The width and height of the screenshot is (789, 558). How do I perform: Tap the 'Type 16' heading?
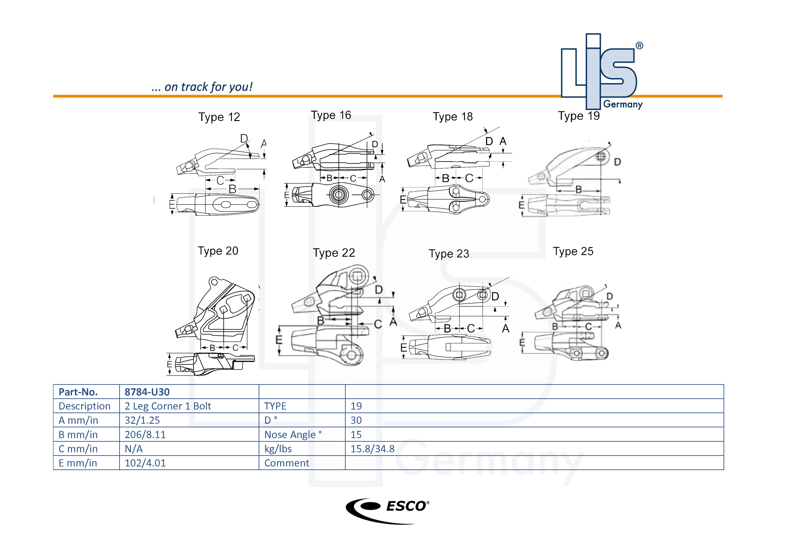(x=331, y=115)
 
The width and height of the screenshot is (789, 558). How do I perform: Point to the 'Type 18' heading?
(x=452, y=117)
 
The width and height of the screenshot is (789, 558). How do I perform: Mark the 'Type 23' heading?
(x=448, y=253)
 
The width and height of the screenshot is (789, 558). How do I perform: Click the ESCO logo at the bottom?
(x=387, y=511)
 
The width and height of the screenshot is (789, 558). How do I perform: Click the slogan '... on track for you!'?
(x=202, y=87)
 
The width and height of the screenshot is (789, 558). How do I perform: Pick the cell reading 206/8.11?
(x=145, y=435)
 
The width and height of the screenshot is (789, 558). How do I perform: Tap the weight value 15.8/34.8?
(x=372, y=449)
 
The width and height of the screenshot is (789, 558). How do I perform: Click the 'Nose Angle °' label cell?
(x=293, y=435)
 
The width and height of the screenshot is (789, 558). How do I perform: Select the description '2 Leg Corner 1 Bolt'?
(x=168, y=406)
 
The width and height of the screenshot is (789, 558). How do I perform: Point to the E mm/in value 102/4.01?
(x=145, y=463)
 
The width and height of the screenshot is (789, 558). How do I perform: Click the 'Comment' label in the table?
(x=286, y=463)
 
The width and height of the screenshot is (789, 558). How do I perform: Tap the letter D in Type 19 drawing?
(x=617, y=162)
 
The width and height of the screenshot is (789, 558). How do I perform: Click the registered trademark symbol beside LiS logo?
(x=639, y=46)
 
